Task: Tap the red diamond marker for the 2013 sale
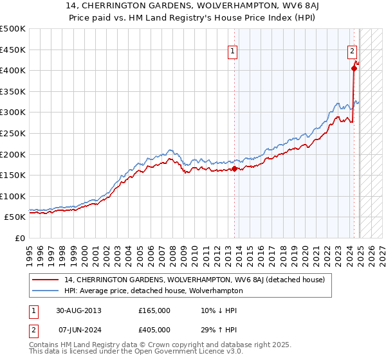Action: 234,169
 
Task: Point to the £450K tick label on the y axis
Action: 13,50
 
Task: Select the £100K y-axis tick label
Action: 13,196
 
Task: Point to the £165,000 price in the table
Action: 154,310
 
